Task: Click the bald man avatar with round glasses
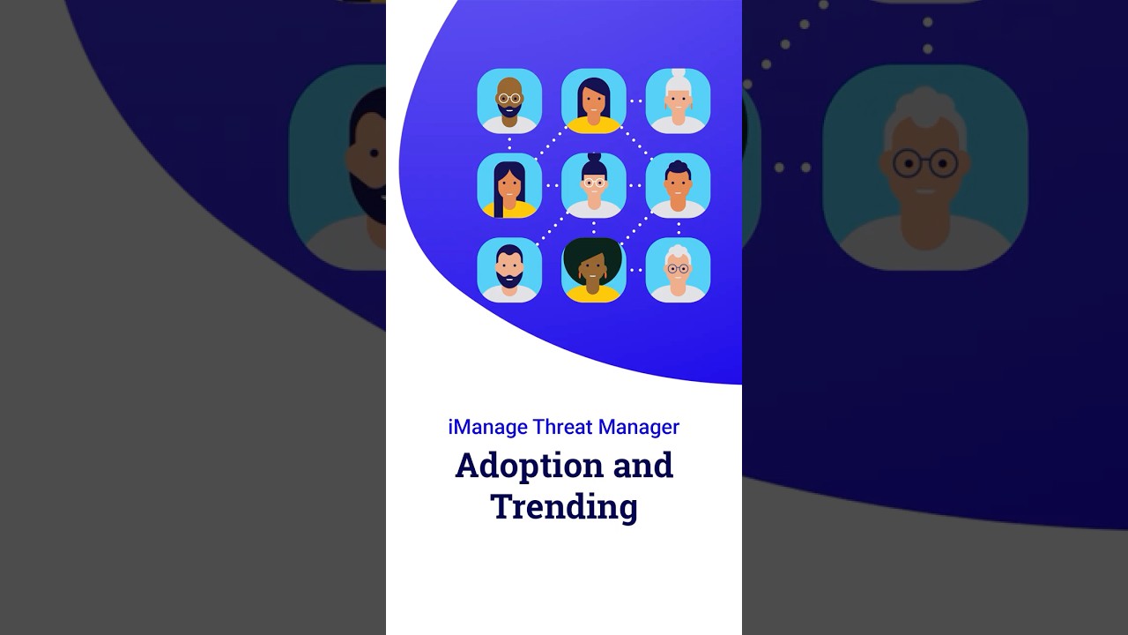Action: coord(509,101)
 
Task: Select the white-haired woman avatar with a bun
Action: coord(678,101)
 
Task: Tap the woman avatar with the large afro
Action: coord(593,269)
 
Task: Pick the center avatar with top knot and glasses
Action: coord(593,185)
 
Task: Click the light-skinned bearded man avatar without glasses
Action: coord(509,269)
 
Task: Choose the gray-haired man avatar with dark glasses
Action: coord(678,269)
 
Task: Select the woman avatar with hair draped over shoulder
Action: coord(509,185)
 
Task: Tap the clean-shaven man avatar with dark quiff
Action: coord(678,185)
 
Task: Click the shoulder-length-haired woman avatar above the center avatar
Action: coord(593,101)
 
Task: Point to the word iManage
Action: coord(487,427)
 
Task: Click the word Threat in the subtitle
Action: coord(562,427)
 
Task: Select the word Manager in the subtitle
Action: coord(638,427)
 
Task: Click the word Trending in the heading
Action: coord(564,507)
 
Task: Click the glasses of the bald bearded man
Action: coord(509,98)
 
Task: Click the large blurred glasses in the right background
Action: coord(925,163)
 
